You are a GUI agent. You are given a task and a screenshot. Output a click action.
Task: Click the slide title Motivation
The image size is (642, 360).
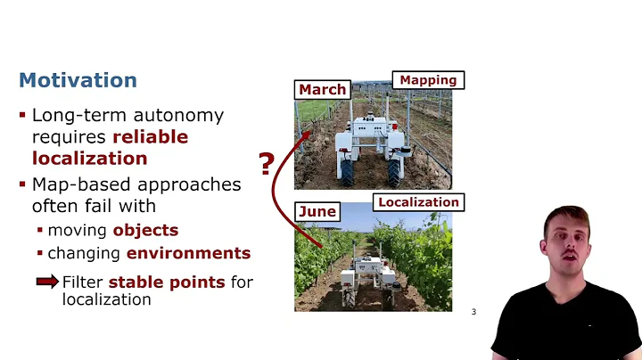point(78,80)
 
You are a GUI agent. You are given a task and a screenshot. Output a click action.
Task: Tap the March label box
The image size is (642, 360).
point(322,89)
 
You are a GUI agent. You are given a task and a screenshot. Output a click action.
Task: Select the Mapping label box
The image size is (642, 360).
point(428,79)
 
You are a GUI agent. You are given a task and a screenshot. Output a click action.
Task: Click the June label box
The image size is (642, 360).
point(317,211)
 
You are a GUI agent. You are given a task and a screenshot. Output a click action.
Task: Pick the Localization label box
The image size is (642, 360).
point(418,202)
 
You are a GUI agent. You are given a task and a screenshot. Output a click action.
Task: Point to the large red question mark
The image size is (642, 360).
point(266,165)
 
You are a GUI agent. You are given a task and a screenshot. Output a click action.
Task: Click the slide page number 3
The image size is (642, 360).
point(473,312)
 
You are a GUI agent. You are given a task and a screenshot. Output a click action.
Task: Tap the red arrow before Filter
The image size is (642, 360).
point(47,282)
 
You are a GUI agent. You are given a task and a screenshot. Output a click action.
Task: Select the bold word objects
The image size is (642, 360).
point(145,230)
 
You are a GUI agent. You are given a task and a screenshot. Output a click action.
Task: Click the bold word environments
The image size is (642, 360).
point(188,252)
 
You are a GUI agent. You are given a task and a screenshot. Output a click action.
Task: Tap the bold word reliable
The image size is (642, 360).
point(150,136)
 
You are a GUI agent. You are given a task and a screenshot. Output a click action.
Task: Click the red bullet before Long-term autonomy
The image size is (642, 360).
point(23,116)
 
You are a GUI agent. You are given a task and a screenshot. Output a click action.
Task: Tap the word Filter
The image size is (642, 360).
point(83,282)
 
